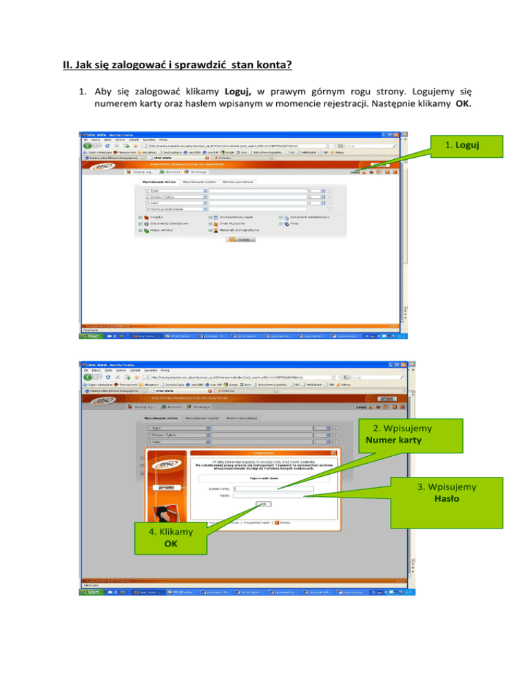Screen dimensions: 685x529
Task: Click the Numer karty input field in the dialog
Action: (x=273, y=489)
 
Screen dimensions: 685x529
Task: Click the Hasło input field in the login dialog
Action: (x=273, y=495)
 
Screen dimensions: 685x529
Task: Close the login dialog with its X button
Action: (x=334, y=452)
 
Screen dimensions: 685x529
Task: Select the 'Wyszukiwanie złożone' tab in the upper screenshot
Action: (x=158, y=182)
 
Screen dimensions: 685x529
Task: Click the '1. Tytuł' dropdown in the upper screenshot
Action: (x=176, y=190)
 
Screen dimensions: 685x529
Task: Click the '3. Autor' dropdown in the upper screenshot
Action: (x=176, y=203)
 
